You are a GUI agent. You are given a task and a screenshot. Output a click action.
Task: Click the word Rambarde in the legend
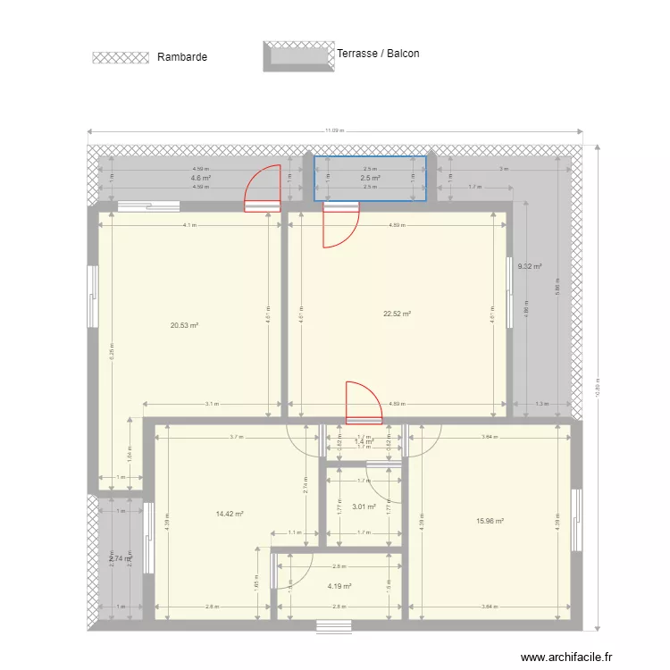click(x=181, y=57)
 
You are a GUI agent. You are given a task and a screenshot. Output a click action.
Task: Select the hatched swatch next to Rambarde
click(x=121, y=57)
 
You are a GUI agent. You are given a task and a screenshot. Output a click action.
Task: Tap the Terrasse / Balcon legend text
click(x=378, y=54)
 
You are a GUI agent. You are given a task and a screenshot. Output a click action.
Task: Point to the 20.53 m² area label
click(x=184, y=326)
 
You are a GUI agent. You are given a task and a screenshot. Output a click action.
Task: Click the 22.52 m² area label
click(x=397, y=314)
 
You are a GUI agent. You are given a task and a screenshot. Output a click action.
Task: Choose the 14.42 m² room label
click(x=230, y=515)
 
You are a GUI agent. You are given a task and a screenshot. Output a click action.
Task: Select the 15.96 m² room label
click(x=490, y=522)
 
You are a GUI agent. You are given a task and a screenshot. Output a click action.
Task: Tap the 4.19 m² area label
click(x=339, y=587)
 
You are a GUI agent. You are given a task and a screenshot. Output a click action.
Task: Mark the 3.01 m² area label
click(x=363, y=507)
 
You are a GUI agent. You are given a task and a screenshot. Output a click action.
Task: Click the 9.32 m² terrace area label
click(x=530, y=266)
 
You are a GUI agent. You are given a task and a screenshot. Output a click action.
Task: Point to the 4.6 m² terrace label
click(x=200, y=179)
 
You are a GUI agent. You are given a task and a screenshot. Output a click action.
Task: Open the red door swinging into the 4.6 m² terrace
click(x=263, y=189)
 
